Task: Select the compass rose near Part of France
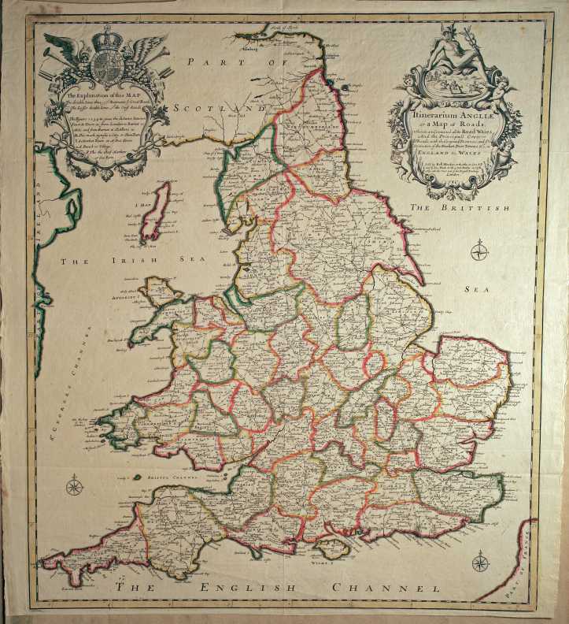pyautogui.click(x=478, y=561)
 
